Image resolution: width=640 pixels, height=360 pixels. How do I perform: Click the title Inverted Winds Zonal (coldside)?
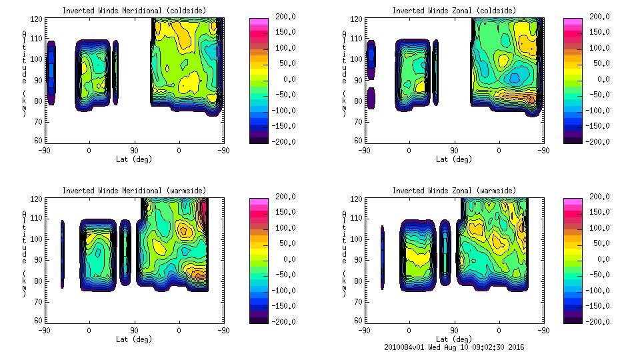coord(453,11)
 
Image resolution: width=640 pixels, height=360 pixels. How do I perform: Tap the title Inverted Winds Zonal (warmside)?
coord(453,191)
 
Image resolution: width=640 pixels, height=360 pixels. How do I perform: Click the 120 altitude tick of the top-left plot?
coord(37,19)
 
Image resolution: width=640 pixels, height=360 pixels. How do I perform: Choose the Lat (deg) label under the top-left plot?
coord(134,159)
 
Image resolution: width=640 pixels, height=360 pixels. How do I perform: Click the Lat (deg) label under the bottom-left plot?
coord(134,339)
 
